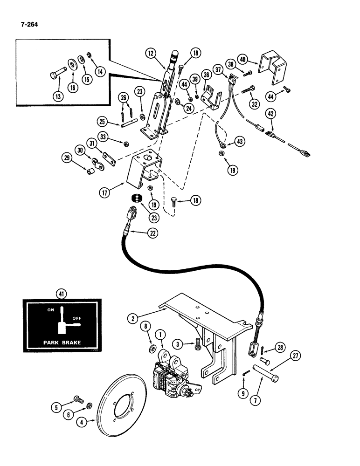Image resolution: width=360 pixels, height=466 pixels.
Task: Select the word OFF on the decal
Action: [76, 318]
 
